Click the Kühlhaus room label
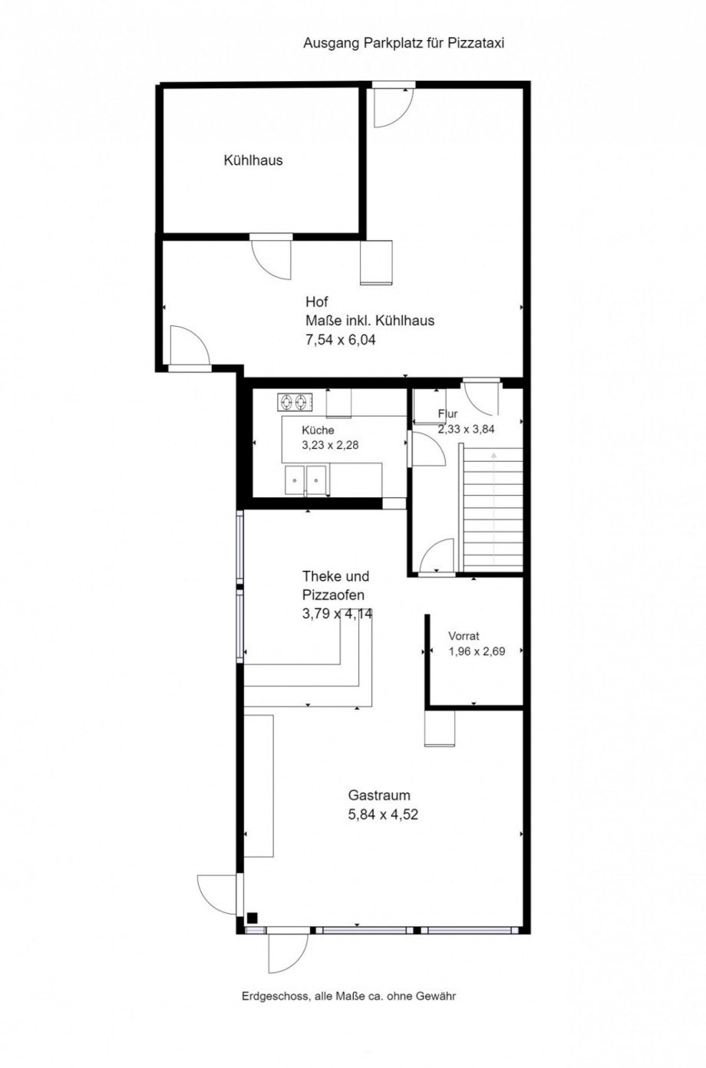tap(252, 160)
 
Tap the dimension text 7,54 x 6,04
tap(341, 339)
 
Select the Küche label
tap(318, 430)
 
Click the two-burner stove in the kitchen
tap(295, 402)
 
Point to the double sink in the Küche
tap(306, 480)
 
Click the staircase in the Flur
tap(493, 508)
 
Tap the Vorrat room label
tap(464, 635)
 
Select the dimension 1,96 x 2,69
tap(477, 651)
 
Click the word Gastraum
tap(379, 795)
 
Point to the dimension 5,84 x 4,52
tap(383, 814)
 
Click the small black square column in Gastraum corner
tap(252, 918)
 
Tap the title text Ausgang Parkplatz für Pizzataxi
tap(404, 44)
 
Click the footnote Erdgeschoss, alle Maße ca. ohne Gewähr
tap(348, 996)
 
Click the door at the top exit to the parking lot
tap(393, 105)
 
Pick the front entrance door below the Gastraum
tap(288, 953)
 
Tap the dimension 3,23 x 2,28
tap(330, 445)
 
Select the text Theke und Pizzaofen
tap(336, 585)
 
